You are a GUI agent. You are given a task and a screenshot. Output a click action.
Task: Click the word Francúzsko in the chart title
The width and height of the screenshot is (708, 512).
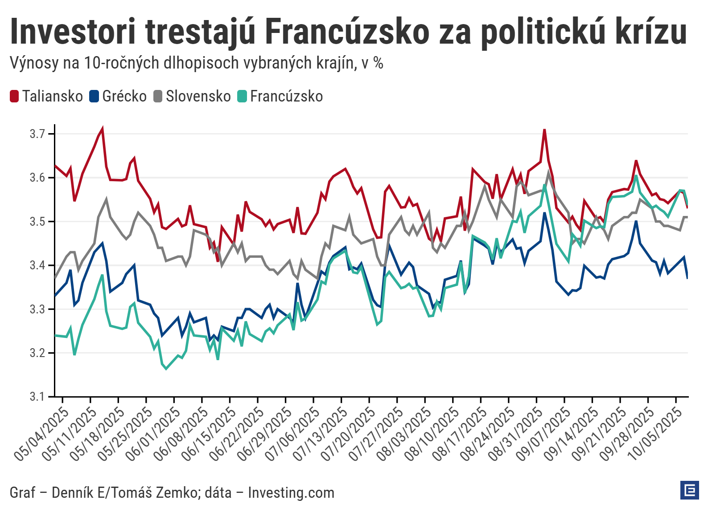[x=348, y=32]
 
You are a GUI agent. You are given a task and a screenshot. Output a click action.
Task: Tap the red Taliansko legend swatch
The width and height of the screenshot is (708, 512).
[x=14, y=96]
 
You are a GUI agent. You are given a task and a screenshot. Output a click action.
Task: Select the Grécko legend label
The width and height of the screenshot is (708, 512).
[x=124, y=96]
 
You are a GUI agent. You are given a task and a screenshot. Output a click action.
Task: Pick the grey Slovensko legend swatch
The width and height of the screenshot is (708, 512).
[x=158, y=96]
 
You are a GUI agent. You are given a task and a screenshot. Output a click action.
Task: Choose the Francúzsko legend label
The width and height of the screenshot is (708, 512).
[x=286, y=96]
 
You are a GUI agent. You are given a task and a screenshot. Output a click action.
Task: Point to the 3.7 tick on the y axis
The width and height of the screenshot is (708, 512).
[x=37, y=134]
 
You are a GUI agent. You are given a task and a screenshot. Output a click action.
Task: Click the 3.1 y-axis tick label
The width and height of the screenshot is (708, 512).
[x=37, y=396]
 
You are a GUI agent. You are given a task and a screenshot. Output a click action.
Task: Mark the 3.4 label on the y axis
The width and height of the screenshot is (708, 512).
[x=37, y=265]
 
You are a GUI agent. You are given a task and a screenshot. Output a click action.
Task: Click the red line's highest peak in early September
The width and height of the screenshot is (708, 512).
[x=544, y=130]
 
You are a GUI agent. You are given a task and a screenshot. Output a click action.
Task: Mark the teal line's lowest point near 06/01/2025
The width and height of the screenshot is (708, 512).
[x=166, y=369]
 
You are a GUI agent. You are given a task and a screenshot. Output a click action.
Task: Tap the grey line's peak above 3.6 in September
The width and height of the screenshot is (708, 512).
[x=549, y=173]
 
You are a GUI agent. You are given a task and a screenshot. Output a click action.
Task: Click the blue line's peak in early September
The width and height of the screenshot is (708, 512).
[x=544, y=213]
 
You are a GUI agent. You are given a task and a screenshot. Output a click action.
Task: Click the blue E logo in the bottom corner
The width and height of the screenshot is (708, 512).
[x=689, y=490]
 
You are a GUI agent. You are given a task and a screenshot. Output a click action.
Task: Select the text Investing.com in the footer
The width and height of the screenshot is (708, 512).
[x=291, y=493]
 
